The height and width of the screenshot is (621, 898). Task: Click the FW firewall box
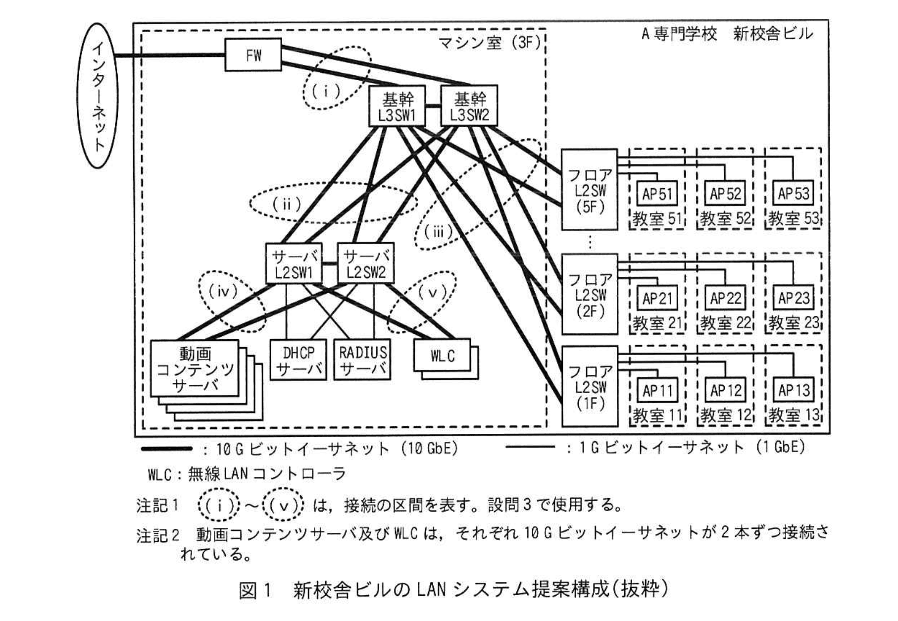pos(253,54)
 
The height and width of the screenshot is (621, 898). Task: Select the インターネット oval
pos(100,96)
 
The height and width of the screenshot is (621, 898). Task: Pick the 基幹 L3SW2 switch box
pos(469,107)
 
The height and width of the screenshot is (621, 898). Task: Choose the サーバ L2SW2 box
pos(365,263)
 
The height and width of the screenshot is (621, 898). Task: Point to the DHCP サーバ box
pos(298,360)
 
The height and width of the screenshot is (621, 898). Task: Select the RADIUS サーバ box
pos(362,360)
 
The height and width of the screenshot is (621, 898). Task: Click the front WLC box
pos(442,355)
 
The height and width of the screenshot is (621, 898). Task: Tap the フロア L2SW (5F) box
pos(590,190)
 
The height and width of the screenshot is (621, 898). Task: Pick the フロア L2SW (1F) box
pos(590,386)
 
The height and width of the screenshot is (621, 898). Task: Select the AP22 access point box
pos(725,299)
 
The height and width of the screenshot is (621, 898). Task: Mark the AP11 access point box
pos(657,391)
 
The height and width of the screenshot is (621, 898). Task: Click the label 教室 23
pos(793,323)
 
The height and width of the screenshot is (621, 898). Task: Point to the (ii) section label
pos(287,204)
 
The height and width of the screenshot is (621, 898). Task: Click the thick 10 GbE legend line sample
pos(166,449)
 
